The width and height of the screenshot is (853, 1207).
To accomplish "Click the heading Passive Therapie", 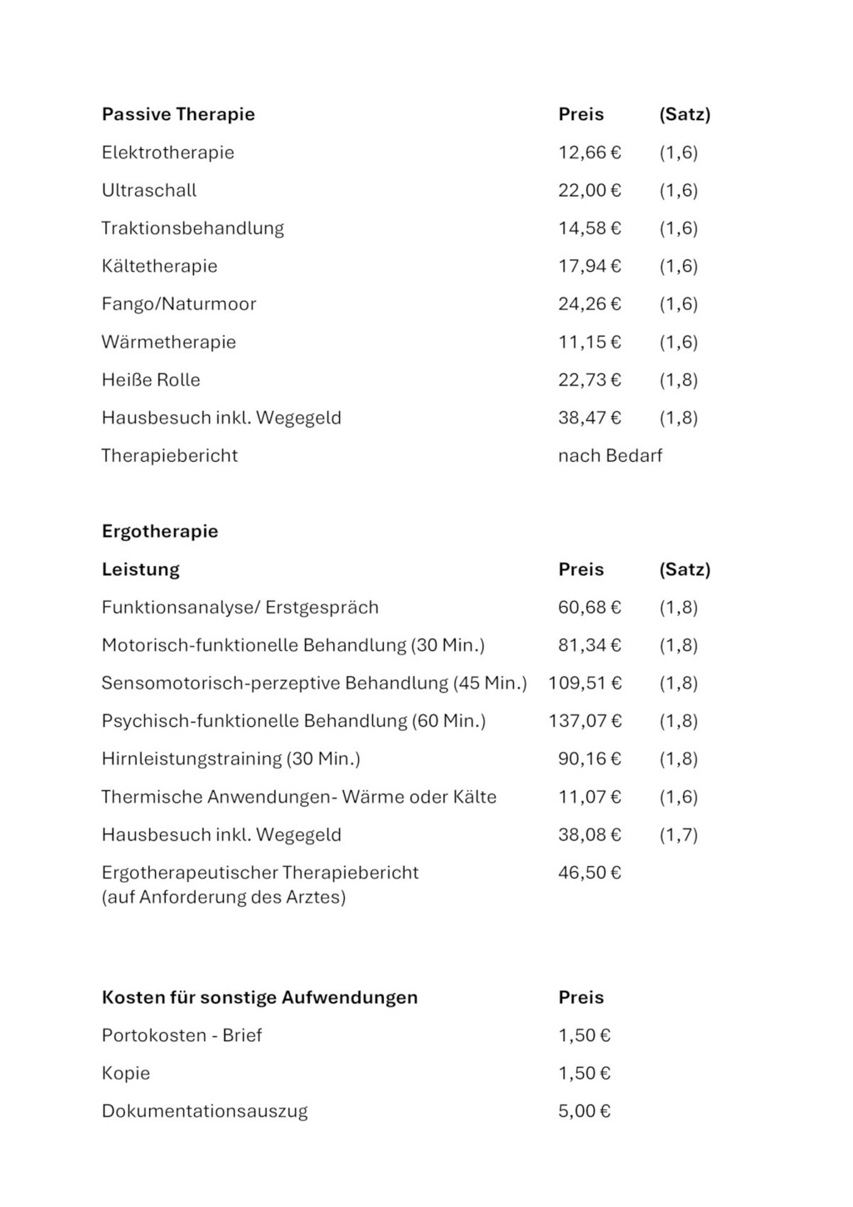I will (178, 114).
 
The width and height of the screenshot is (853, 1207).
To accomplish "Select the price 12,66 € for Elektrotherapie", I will (589, 153).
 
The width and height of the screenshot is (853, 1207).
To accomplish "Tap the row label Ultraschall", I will (149, 190).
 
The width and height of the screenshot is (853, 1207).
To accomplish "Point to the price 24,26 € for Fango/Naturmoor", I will (589, 304).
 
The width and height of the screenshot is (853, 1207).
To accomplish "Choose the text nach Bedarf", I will (610, 456).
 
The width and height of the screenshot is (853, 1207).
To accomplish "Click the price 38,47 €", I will (589, 418).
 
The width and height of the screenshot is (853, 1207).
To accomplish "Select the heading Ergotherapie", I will (160, 532).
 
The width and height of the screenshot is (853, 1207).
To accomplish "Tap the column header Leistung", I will (141, 570).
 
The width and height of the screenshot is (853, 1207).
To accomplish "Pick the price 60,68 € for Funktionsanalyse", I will (589, 608).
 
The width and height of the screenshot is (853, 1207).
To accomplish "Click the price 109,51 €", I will (585, 684).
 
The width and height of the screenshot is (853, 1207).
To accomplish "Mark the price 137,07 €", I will (585, 721).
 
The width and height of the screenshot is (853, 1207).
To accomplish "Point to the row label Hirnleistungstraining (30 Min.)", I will (231, 759).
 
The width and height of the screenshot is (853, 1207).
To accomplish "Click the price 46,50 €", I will (589, 873).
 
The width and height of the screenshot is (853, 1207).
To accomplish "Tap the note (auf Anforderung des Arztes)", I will (223, 898).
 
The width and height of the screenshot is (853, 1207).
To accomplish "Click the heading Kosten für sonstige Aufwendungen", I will (260, 998).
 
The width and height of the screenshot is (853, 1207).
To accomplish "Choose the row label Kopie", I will (126, 1074).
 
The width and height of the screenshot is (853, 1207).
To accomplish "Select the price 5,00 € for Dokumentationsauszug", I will (584, 1111).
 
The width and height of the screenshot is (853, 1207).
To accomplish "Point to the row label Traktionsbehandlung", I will (192, 228).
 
